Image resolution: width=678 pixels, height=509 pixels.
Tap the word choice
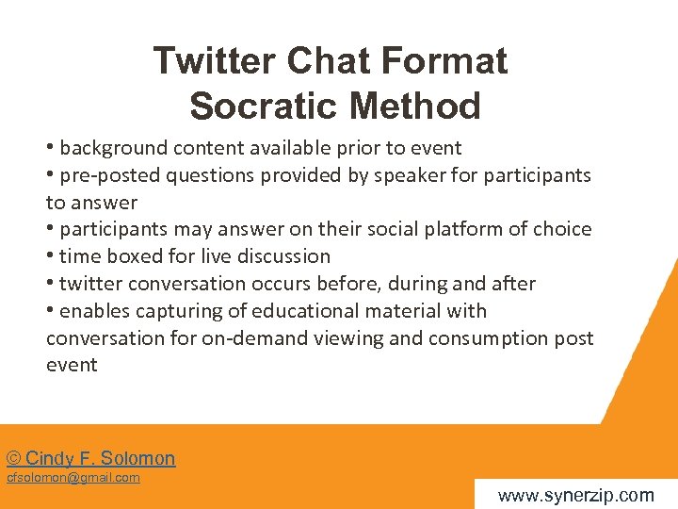565,229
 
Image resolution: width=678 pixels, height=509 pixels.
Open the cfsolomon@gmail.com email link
73,478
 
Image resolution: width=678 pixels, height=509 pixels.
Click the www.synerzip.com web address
575,495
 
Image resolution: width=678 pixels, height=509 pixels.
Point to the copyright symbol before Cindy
13,459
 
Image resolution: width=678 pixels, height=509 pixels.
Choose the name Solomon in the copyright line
139,459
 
